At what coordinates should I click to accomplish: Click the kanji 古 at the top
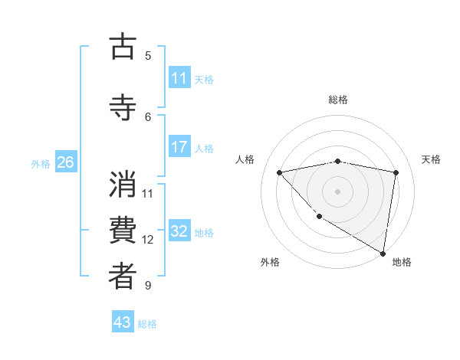pos(123,47)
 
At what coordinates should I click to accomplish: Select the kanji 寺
pos(123,106)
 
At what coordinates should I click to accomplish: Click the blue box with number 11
pos(179,78)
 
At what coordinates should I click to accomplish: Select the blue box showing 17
pos(179,147)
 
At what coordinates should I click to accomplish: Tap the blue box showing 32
pos(179,231)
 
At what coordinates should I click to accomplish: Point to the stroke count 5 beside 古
pos(148,55)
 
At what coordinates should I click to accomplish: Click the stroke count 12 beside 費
pos(148,240)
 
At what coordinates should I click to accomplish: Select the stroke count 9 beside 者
pos(148,286)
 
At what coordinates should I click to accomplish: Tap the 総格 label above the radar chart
pos(338,100)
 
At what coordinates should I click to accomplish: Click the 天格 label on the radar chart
pos(431,159)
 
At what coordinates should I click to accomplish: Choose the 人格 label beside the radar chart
pos(245,159)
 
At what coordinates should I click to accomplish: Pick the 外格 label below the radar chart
pos(270,262)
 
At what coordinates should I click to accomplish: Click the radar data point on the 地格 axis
pos(383,254)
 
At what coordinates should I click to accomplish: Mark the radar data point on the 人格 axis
pos(280,172)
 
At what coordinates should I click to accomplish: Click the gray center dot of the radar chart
pos(337,191)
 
